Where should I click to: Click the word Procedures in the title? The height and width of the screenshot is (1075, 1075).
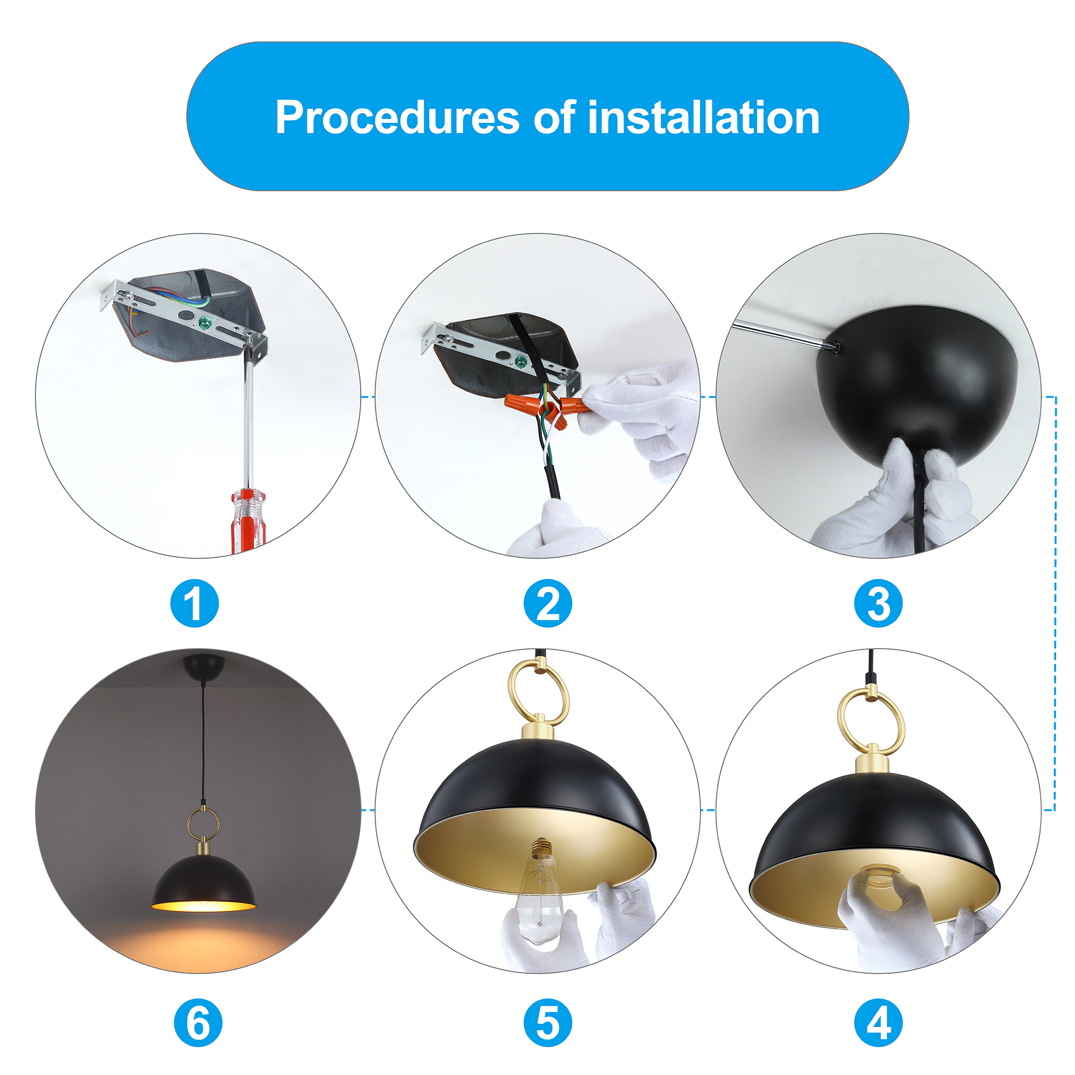coord(397,118)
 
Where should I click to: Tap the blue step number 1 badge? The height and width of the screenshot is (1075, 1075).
coord(195,604)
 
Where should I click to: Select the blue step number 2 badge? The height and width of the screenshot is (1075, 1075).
coord(548,604)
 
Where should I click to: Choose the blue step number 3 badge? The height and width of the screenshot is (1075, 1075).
coord(878,604)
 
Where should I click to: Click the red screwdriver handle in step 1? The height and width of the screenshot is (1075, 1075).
coord(248,522)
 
